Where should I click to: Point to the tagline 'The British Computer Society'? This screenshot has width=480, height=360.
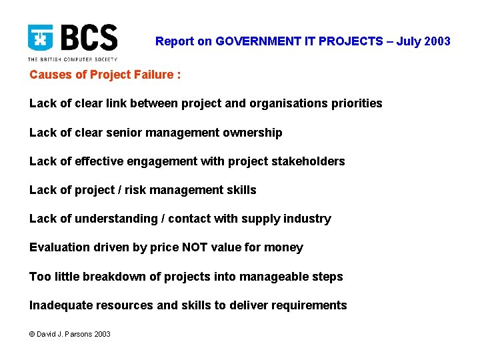pos(72,59)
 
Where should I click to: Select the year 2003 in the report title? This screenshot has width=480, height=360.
pos(437,41)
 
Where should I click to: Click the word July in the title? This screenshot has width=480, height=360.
pos(407,41)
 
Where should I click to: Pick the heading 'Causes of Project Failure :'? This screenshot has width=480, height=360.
pos(105,75)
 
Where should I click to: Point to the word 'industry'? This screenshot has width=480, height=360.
pos(308,219)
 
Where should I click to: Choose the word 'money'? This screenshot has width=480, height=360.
pos(285,247)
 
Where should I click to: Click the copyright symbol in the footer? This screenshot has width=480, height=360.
pos(33,334)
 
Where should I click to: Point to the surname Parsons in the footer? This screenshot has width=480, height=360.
pos(80,334)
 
